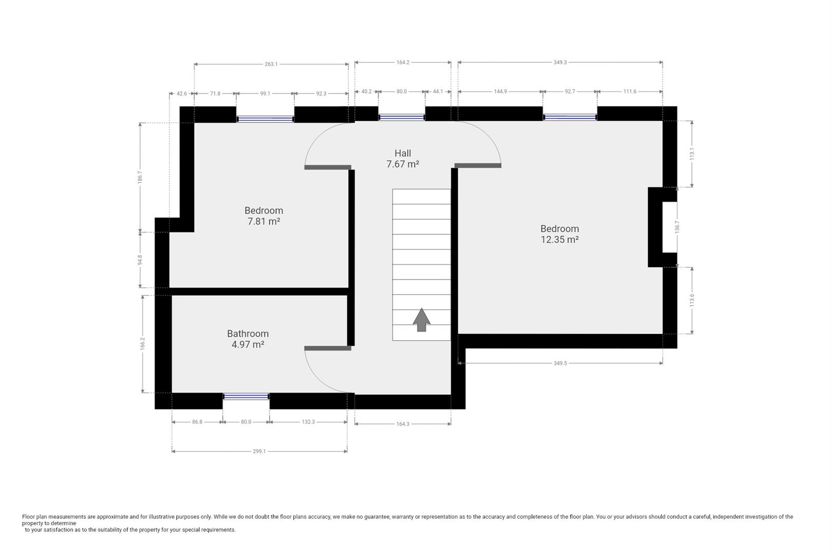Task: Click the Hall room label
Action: click(403, 153)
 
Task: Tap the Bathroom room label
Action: click(248, 334)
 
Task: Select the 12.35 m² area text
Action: click(559, 239)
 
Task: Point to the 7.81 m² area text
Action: click(263, 221)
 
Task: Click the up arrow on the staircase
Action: click(422, 320)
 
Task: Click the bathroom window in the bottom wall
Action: click(246, 397)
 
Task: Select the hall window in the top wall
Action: click(402, 118)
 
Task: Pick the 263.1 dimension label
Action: click(271, 64)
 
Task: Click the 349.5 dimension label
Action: click(560, 363)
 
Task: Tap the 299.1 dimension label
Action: click(259, 451)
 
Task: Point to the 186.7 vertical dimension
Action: click(140, 177)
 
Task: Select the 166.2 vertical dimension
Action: click(143, 343)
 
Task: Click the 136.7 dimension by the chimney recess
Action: click(677, 227)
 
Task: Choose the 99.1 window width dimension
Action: click(265, 94)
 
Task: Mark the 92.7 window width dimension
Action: click(570, 91)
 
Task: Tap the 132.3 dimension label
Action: click(308, 422)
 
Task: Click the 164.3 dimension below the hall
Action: click(403, 424)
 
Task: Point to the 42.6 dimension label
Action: click(182, 94)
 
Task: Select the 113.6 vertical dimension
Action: click(692, 300)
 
